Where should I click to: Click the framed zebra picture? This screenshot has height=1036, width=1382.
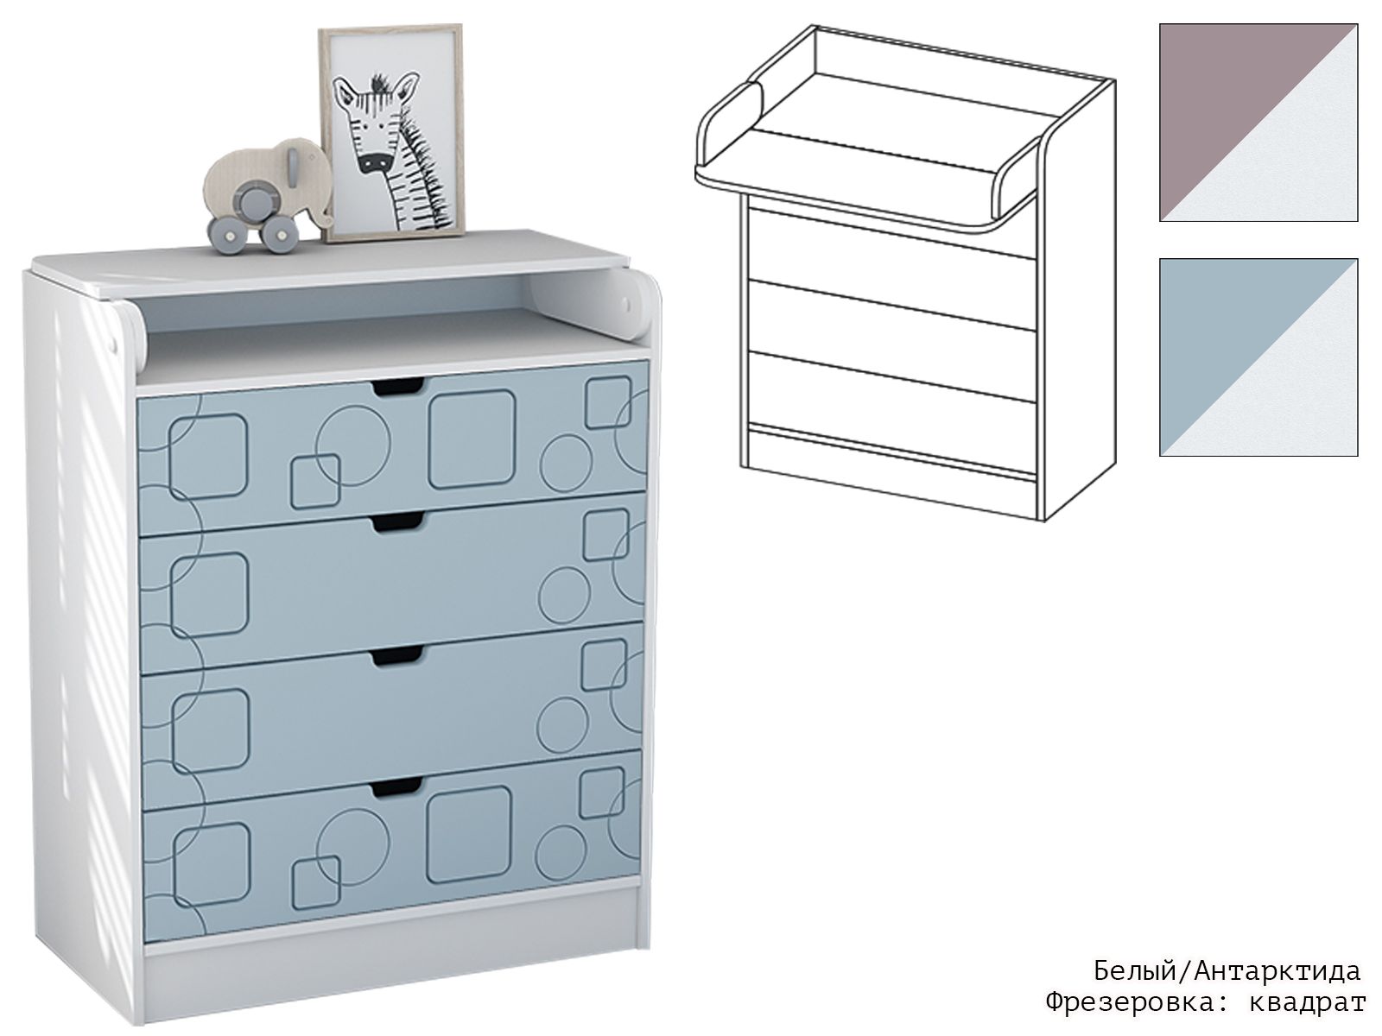coord(391,133)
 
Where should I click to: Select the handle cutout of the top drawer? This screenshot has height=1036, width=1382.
coord(398,387)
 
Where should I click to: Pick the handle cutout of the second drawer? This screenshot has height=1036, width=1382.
coord(398,521)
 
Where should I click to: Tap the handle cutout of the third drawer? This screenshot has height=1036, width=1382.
coord(396,655)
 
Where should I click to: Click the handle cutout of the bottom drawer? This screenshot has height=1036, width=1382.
coord(396,787)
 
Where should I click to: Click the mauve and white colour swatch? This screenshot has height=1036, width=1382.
coord(1258,123)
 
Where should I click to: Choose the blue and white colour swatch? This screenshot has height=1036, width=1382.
coord(1258,357)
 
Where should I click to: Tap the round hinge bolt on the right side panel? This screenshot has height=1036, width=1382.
coord(626,305)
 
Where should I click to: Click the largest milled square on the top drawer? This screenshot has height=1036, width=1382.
coord(472,439)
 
